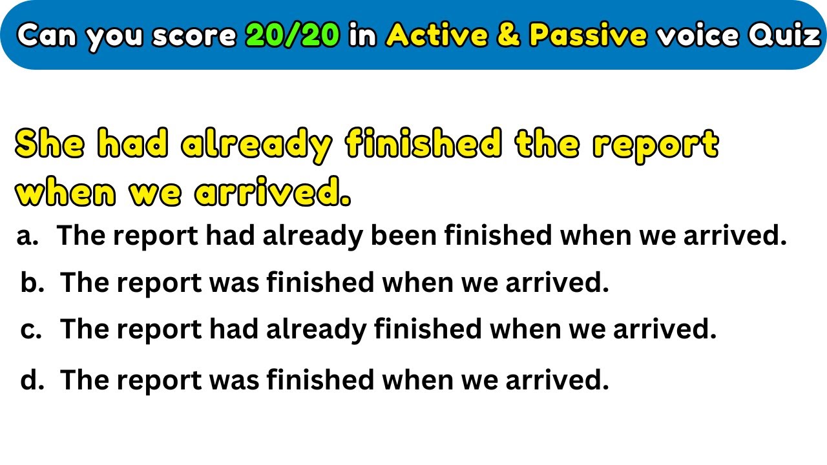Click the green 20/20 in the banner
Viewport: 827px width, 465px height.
(293, 36)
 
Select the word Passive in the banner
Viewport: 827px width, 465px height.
(587, 36)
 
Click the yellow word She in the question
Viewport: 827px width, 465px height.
(50, 145)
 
